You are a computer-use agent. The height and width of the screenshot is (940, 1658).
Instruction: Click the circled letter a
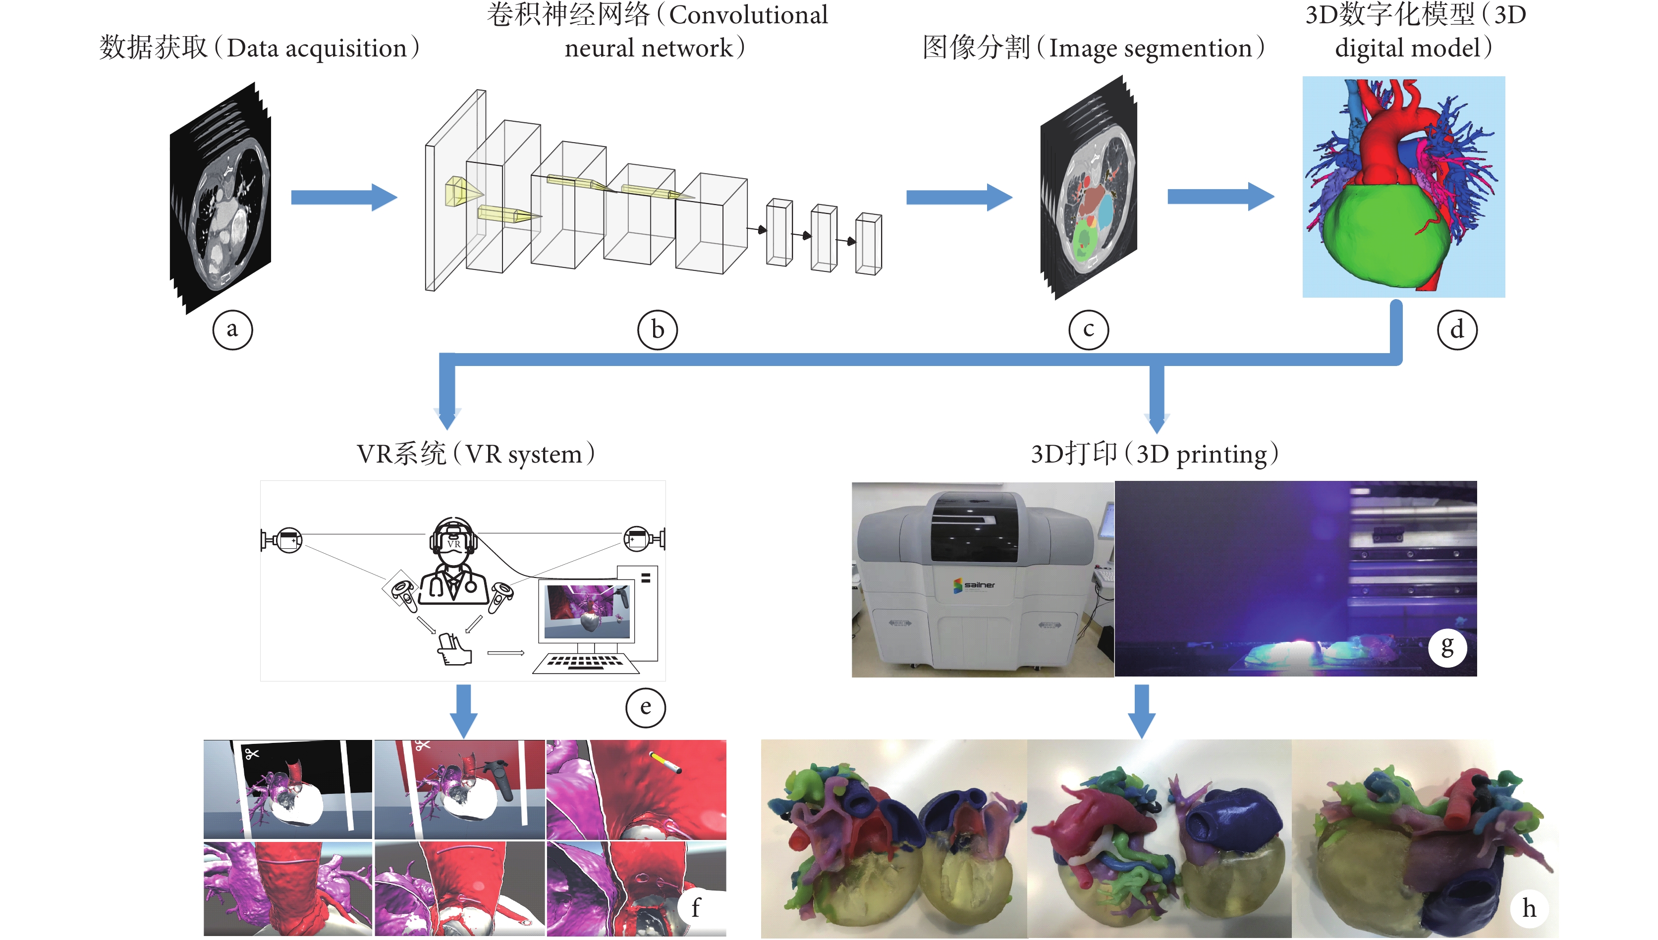pyautogui.click(x=232, y=330)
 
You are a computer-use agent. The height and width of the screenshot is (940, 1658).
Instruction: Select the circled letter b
pyautogui.click(x=657, y=330)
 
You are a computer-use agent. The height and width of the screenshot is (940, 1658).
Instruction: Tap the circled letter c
pyautogui.click(x=1088, y=330)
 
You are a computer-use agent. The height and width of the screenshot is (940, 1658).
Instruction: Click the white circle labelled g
pyautogui.click(x=1447, y=647)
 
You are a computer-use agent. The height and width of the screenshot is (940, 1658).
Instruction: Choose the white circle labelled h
pyautogui.click(x=1529, y=908)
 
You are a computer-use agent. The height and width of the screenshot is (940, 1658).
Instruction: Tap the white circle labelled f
pyautogui.click(x=696, y=907)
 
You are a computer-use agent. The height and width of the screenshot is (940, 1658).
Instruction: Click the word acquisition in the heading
pyautogui.click(x=346, y=49)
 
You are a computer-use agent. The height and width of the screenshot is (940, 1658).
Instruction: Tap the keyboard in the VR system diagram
pyautogui.click(x=581, y=662)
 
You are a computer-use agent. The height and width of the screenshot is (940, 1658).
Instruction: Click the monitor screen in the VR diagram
pyautogui.click(x=587, y=610)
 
